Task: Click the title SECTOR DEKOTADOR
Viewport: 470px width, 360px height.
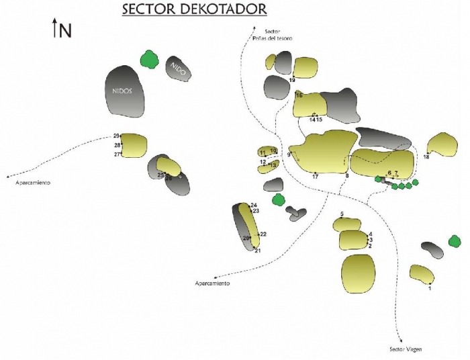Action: [194, 9]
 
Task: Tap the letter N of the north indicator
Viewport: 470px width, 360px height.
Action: [65, 30]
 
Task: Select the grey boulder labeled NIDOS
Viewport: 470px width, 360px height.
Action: [126, 92]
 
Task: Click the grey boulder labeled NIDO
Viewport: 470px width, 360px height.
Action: [179, 68]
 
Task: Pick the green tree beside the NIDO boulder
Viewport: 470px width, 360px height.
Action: [148, 60]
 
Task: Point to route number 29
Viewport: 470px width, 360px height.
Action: [116, 136]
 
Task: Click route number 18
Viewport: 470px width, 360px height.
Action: [426, 157]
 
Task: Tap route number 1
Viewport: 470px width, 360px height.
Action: [429, 288]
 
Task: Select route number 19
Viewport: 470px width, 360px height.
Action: [292, 80]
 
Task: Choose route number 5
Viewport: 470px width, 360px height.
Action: [342, 214]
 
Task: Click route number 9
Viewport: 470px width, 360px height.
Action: [289, 155]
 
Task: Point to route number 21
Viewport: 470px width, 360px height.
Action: [258, 251]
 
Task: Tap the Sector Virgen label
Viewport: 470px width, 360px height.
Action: [406, 349]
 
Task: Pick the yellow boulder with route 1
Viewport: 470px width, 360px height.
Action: [422, 273]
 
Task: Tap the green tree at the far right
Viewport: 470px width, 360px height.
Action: [455, 240]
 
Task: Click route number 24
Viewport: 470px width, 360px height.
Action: [254, 205]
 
